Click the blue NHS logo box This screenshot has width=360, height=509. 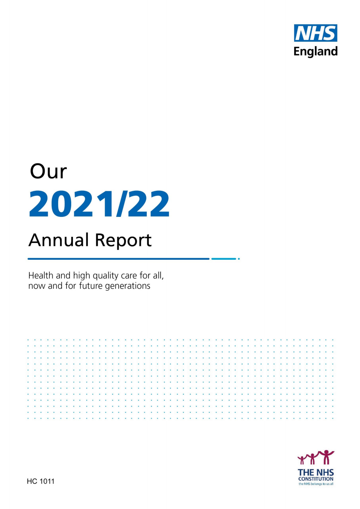[315, 33]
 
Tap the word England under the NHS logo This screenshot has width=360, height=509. [315, 52]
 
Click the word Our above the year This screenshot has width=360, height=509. [48, 171]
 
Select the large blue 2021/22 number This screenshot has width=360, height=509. [99, 204]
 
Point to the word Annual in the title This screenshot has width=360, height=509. [58, 240]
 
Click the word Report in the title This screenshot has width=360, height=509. [123, 241]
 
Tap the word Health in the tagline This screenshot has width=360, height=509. [41, 275]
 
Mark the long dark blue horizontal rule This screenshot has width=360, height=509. [118, 259]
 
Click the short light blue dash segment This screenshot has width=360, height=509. [224, 259]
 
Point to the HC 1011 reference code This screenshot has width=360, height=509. [41, 481]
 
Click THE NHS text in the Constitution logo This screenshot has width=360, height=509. [316, 472]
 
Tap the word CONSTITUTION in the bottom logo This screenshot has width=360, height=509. [316, 479]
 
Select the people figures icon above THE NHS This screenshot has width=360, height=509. [316, 457]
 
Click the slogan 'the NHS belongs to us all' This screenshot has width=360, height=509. [316, 484]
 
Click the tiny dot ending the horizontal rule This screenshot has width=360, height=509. [239, 259]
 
